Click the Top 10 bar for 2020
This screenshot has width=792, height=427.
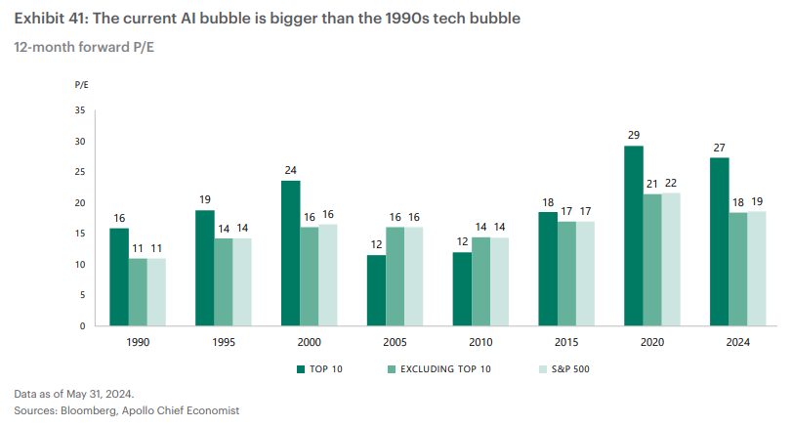click(634, 235)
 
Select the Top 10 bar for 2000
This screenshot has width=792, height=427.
click(291, 253)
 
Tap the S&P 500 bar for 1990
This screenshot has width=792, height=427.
click(157, 291)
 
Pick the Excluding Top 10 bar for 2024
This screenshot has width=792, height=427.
click(738, 269)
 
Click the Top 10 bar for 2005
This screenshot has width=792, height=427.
click(376, 290)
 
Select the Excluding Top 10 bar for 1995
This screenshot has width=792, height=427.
click(224, 281)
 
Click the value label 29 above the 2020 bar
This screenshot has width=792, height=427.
click(634, 134)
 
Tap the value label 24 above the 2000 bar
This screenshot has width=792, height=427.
click(291, 169)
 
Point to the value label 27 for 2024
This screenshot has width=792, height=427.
click(720, 147)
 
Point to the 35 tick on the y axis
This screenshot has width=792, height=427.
click(80, 110)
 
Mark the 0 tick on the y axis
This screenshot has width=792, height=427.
click(83, 325)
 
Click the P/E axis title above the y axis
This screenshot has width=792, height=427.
click(81, 86)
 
